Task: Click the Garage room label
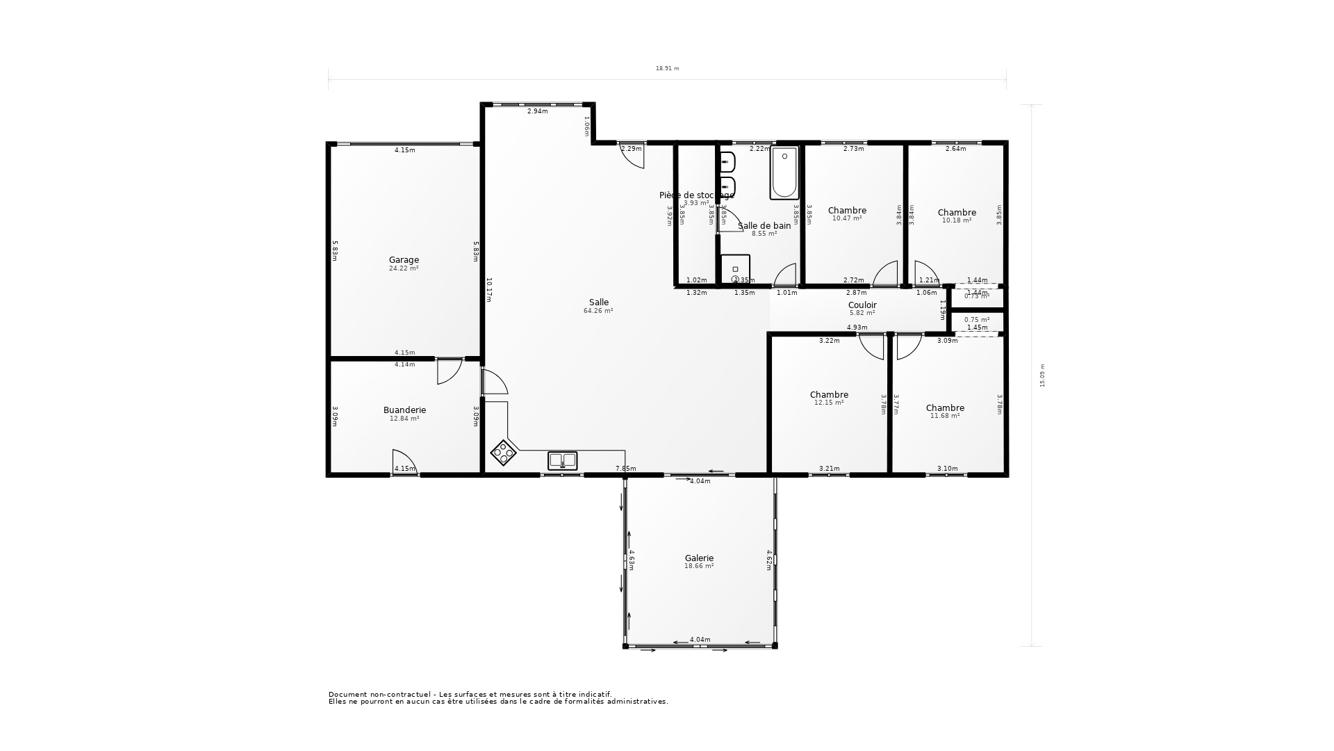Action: [404, 261]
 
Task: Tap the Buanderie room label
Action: [404, 410]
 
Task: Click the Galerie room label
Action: [699, 558]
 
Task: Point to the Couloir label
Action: [862, 305]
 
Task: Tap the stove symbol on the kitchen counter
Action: [504, 453]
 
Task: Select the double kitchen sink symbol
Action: [562, 460]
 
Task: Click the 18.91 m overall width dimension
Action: [667, 69]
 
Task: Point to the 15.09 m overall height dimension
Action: [1041, 375]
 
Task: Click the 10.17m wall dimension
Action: [488, 290]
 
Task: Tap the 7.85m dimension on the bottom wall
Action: [625, 469]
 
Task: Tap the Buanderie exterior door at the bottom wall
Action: [404, 462]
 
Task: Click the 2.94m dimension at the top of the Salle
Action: [537, 111]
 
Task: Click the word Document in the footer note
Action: [347, 694]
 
